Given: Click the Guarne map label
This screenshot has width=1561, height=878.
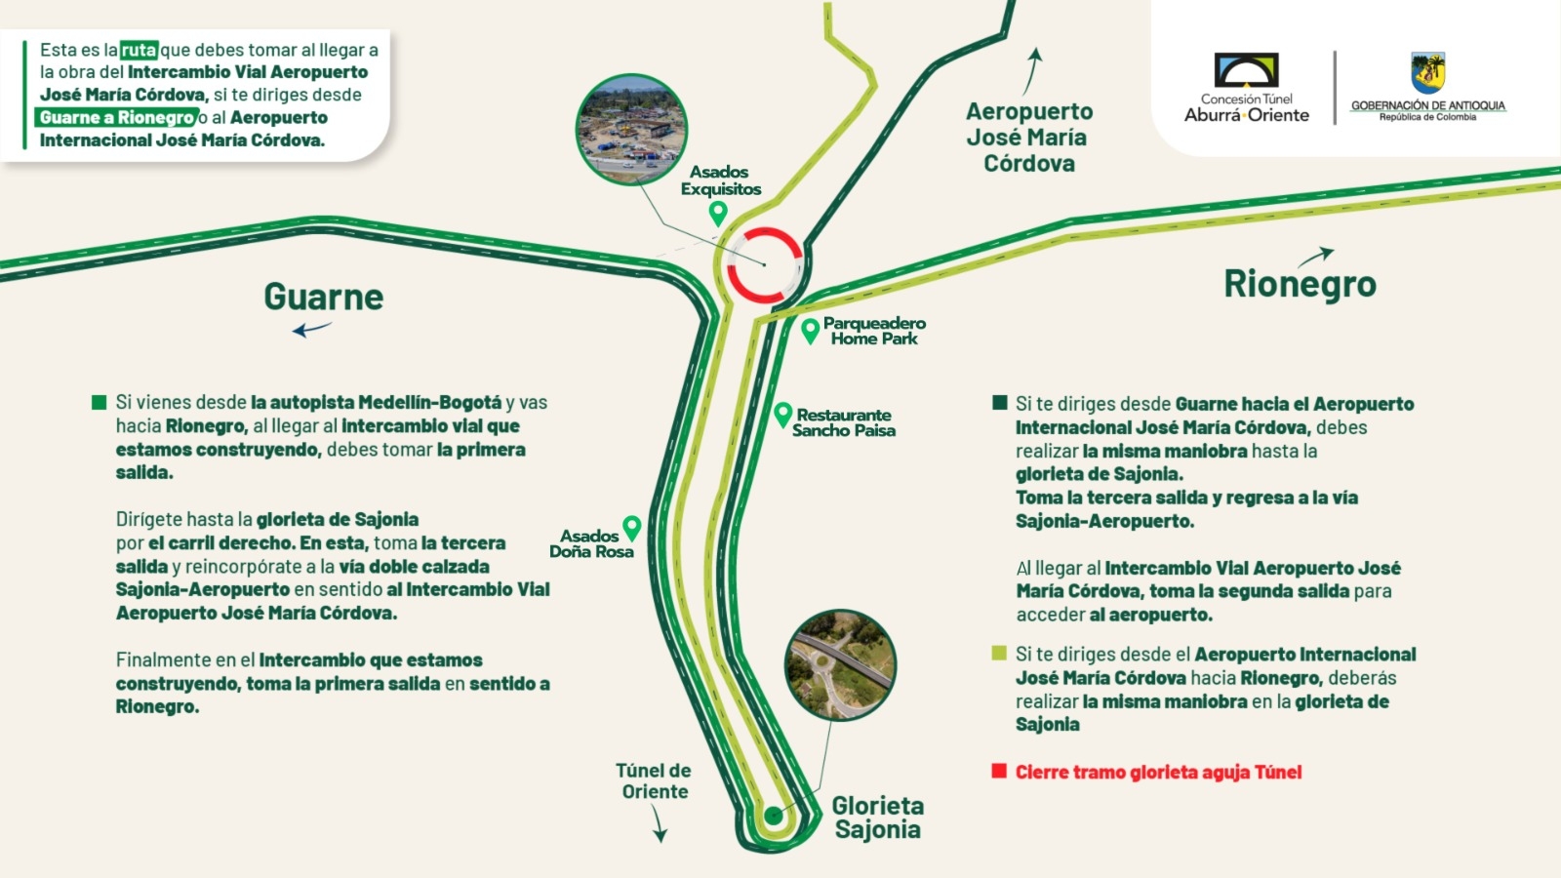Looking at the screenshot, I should [323, 297].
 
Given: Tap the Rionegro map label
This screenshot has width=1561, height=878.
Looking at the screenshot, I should [1300, 284].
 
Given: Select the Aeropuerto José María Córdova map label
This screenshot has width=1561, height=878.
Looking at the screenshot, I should [1029, 138].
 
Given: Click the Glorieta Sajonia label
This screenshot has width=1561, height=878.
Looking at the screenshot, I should [877, 818].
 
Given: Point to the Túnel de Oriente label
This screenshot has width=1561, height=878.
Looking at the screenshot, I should [654, 781].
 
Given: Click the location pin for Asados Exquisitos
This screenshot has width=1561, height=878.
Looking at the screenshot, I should [719, 213].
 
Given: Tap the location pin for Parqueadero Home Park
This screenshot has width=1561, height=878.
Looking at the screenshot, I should [810, 331].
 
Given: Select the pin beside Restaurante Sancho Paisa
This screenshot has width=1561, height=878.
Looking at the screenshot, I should [782, 415].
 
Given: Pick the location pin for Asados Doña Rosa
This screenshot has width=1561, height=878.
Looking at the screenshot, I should [632, 528].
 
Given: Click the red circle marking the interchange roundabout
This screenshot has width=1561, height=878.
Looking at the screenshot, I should [765, 265].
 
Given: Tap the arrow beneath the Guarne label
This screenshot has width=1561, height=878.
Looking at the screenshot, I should [311, 330].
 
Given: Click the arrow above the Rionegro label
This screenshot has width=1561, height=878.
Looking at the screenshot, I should [1315, 257].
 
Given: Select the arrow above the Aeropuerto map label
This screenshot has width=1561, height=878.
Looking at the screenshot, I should [1032, 71].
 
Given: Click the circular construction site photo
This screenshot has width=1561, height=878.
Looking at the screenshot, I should [631, 129].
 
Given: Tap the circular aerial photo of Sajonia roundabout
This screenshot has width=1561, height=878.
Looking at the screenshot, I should [840, 665].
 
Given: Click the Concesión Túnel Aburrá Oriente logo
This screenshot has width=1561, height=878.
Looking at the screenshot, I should [1246, 88].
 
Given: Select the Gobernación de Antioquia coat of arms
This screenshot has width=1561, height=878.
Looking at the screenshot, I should [1427, 73].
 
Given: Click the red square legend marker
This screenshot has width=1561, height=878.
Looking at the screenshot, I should [999, 771].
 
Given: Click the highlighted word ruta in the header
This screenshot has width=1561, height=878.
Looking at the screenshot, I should [139, 50].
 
